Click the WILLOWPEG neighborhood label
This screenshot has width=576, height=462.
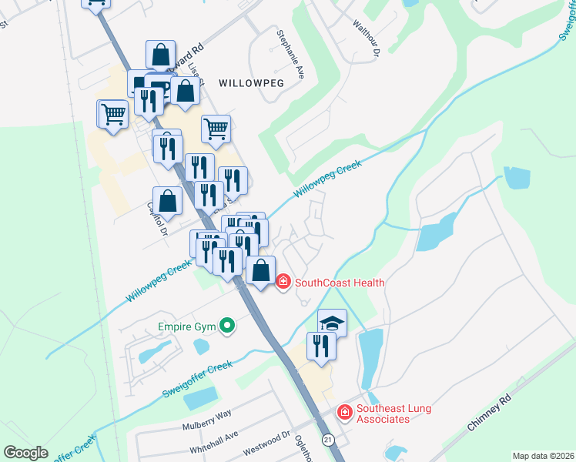pyautogui.click(x=252, y=82)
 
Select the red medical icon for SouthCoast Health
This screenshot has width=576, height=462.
pyautogui.click(x=283, y=283)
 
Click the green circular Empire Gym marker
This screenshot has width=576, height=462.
pyautogui.click(x=226, y=327)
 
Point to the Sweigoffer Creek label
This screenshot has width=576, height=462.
pyautogui.click(x=197, y=380)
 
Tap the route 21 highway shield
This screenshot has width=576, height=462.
pyautogui.click(x=329, y=440)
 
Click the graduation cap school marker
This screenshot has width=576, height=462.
pyautogui.click(x=333, y=323)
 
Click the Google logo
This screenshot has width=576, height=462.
pyautogui.click(x=25, y=453)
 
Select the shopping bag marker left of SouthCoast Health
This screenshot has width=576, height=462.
pyautogui.click(x=261, y=270)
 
